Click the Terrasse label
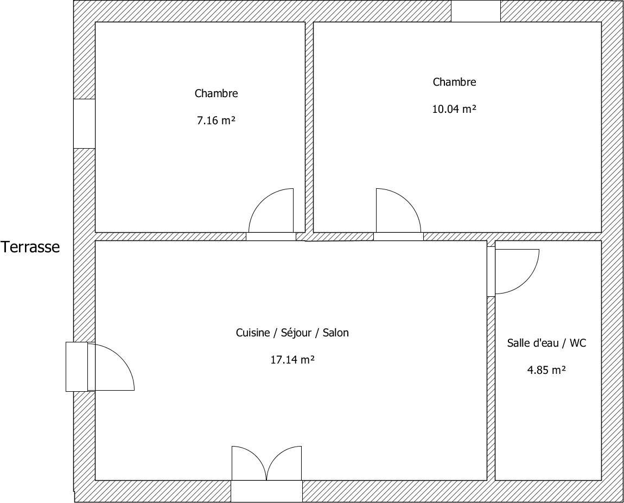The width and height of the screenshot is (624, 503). [30, 247]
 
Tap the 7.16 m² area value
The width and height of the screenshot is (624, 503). [216, 120]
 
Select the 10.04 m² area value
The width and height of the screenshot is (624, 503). [455, 109]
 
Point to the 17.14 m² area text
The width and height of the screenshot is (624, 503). [292, 360]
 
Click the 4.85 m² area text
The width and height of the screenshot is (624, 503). [547, 371]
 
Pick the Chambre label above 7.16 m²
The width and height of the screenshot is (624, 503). [216, 93]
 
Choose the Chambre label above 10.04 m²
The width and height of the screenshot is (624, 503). [455, 82]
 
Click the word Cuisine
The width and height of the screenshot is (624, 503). [253, 333]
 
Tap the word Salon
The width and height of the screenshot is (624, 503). [335, 333]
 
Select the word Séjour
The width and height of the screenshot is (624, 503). [296, 333]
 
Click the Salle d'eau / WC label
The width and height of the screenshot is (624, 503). [547, 343]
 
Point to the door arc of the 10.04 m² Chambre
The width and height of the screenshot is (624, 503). [407, 202]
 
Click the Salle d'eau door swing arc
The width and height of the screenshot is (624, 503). [526, 281]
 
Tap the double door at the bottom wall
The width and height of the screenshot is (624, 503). [266, 463]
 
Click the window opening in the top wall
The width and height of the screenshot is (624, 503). [475, 11]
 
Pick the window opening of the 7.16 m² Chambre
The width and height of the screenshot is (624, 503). [84, 124]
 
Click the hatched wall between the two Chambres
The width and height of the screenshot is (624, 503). [309, 127]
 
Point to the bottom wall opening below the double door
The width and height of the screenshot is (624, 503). [266, 492]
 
